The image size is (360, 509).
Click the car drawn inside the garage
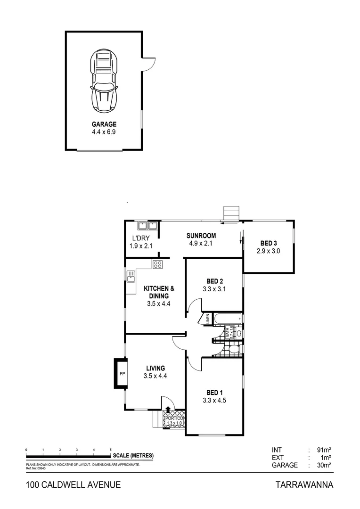pyautogui.click(x=104, y=81)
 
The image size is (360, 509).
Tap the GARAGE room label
pyautogui.click(x=104, y=125)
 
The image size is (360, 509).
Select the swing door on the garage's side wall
pyautogui.click(x=147, y=64)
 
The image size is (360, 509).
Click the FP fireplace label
pyautogui.click(x=121, y=374)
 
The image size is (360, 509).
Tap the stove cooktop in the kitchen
pyautogui.click(x=157, y=265)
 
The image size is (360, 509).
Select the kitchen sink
pyautogui.click(x=131, y=276)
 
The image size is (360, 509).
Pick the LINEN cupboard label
pyautogui.click(x=207, y=320)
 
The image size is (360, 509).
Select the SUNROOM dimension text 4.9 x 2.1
pyautogui.click(x=200, y=244)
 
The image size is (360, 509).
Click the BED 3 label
pyautogui.click(x=268, y=243)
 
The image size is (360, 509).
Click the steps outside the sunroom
pyautogui.click(x=231, y=213)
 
